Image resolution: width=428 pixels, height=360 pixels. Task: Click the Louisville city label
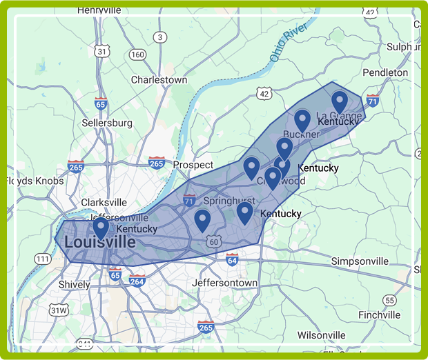click(x=99, y=243)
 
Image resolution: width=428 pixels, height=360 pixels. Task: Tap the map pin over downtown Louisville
click(x=101, y=227)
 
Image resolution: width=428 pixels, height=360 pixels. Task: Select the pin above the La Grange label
click(x=339, y=101)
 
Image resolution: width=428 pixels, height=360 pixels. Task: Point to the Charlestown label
click(x=159, y=80)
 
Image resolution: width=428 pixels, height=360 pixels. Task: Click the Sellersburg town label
click(x=107, y=123)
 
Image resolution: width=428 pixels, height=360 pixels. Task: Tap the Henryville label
click(x=99, y=10)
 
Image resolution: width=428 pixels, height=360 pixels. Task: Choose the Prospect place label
click(x=193, y=165)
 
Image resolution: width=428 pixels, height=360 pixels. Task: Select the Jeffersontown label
click(x=224, y=283)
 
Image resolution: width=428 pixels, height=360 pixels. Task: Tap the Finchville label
click(x=379, y=314)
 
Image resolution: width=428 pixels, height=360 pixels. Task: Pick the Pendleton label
click(x=385, y=72)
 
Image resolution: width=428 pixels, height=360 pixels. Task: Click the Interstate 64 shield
click(x=232, y=259)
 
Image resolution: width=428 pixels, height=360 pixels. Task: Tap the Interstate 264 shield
click(x=137, y=280)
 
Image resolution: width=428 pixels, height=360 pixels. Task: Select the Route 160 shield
click(x=138, y=54)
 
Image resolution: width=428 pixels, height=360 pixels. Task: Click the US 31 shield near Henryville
click(x=102, y=51)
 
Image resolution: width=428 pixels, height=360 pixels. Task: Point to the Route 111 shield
click(x=43, y=259)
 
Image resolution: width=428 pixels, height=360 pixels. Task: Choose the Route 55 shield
click(x=390, y=300)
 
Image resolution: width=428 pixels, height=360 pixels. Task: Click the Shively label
click(x=75, y=284)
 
